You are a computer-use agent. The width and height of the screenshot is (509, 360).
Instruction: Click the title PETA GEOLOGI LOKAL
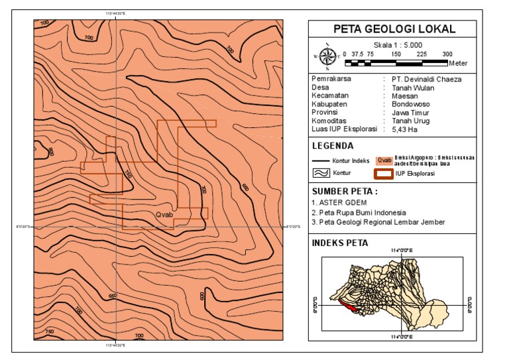pos(394,29)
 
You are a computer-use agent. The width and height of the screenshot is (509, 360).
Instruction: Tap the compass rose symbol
pos(327,57)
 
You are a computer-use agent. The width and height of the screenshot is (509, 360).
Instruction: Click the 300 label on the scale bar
pos(447,54)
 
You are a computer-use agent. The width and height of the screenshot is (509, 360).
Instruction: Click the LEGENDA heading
pos(332,146)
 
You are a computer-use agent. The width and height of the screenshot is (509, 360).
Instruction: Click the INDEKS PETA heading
pos(339,243)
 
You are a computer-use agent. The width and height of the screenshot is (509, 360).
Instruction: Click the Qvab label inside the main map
pos(164,215)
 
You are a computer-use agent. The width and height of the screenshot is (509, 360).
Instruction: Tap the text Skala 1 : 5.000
pos(394,43)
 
